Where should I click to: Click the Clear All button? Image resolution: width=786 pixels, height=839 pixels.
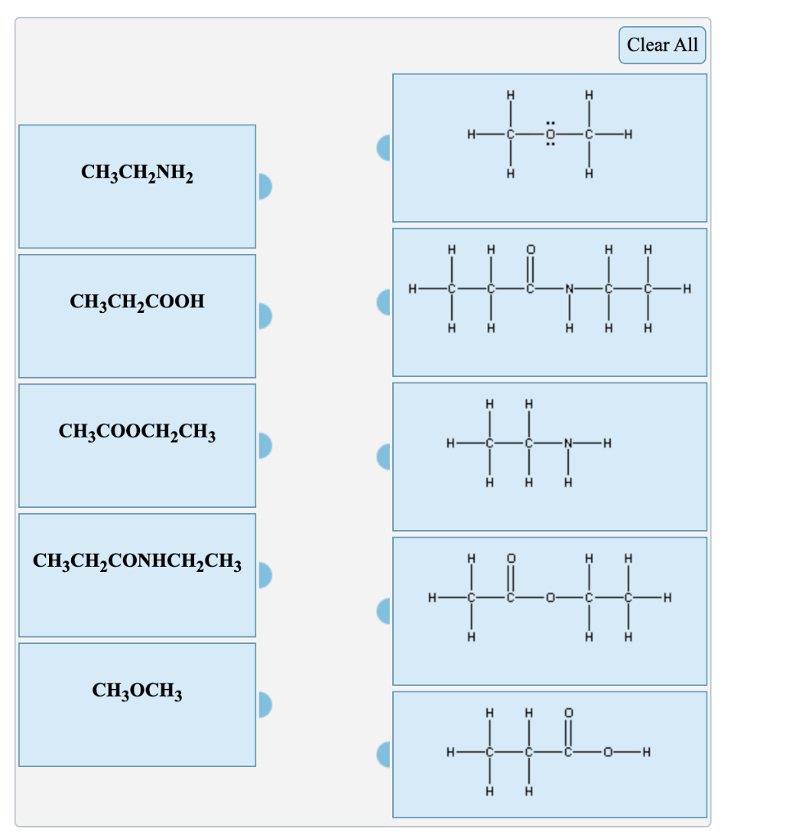click(x=662, y=45)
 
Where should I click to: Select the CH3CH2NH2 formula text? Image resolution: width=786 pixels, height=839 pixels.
click(x=137, y=173)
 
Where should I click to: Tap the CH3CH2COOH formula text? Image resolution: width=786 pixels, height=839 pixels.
click(x=137, y=302)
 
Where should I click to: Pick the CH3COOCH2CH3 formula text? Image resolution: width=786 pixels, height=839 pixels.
click(x=137, y=432)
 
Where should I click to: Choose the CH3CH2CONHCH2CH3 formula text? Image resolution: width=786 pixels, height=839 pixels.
click(x=137, y=562)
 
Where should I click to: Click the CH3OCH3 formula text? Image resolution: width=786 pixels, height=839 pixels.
click(x=137, y=691)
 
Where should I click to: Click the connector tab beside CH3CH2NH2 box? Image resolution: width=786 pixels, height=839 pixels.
click(x=264, y=187)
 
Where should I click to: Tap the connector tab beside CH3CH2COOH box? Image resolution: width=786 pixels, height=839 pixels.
click(x=264, y=315)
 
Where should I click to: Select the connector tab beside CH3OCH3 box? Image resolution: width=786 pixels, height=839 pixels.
click(x=264, y=704)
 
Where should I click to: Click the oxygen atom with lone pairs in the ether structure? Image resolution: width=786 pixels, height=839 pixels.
click(x=550, y=134)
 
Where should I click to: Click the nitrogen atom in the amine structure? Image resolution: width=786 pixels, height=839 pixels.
click(x=568, y=443)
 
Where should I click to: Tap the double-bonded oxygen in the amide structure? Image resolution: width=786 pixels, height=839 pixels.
click(x=530, y=248)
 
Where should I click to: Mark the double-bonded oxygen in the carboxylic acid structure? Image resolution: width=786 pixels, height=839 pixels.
click(x=568, y=713)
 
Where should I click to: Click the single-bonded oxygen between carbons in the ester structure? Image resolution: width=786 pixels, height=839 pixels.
click(x=549, y=598)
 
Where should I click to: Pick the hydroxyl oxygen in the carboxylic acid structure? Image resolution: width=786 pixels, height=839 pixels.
click(x=607, y=752)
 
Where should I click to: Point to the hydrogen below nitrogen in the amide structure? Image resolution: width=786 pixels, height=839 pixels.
click(x=568, y=329)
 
